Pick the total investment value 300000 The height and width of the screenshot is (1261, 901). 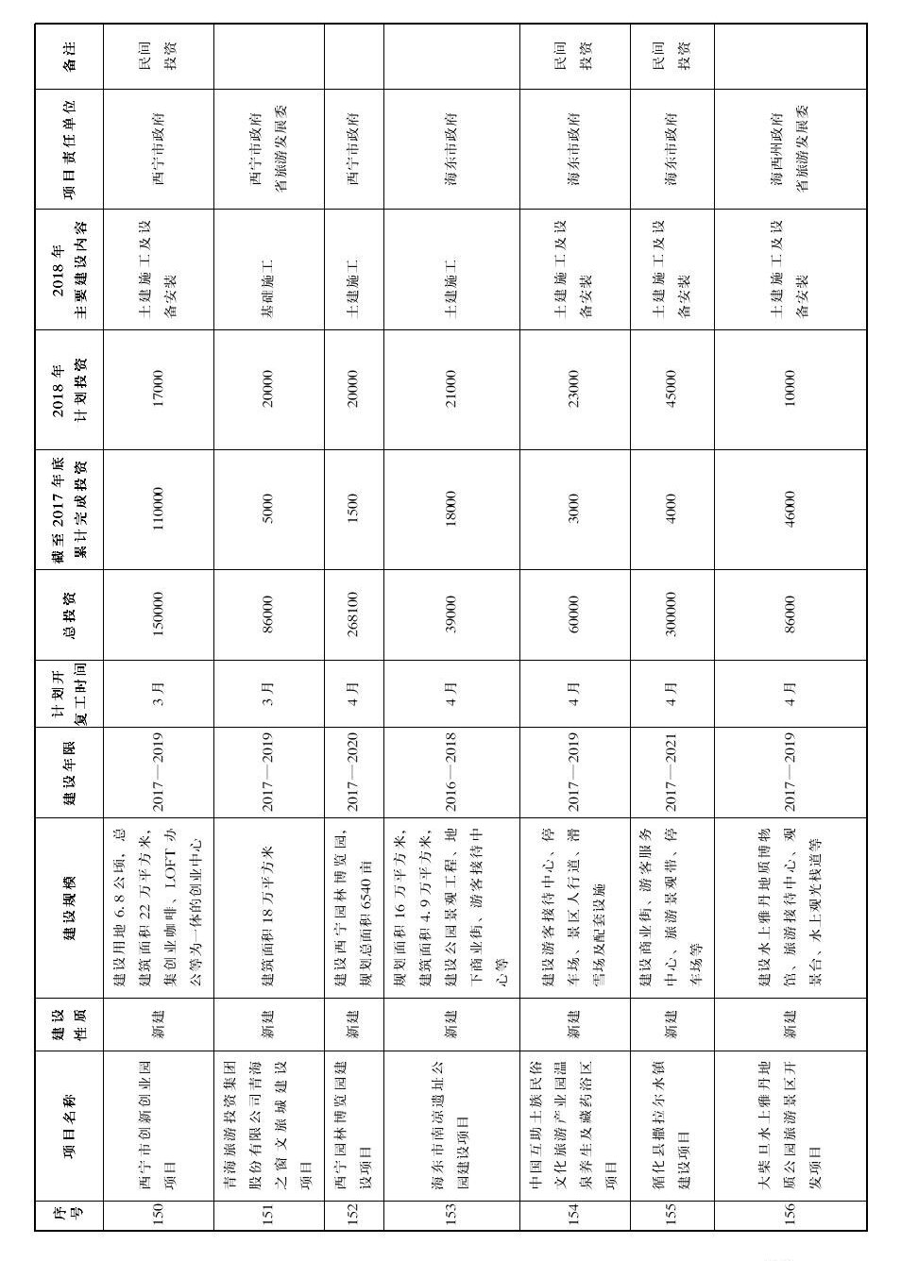click(x=671, y=614)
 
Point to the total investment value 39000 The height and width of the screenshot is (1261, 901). click(x=450, y=614)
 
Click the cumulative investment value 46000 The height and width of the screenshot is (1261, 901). click(x=790, y=510)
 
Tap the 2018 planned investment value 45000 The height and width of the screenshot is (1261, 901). click(x=671, y=389)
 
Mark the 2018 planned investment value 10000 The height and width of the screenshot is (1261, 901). click(x=790, y=389)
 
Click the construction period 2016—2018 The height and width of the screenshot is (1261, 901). click(x=450, y=771)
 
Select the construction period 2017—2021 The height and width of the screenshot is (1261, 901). click(x=671, y=771)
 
